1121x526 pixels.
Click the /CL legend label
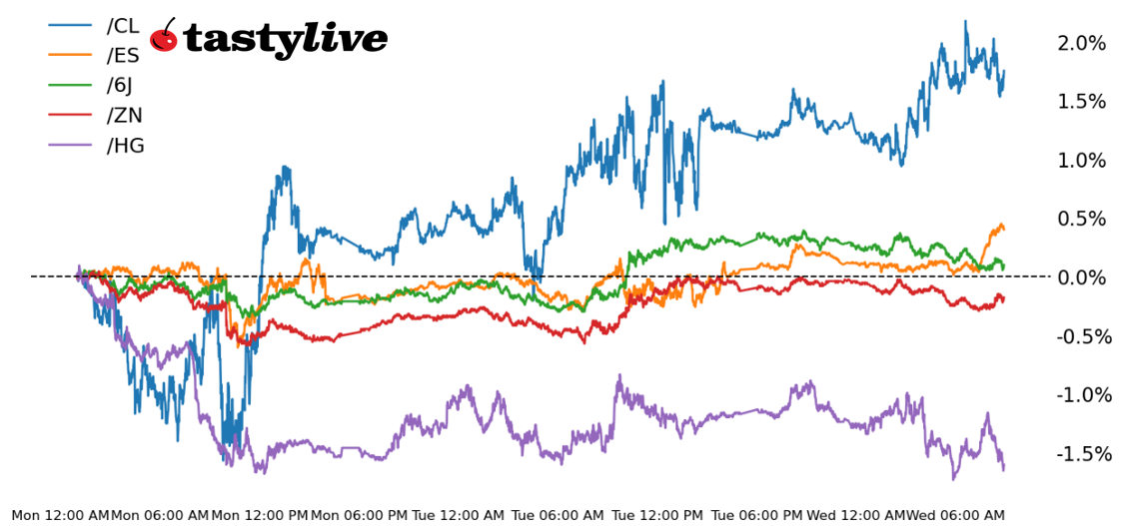pos(123,26)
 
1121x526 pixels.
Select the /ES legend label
pos(123,56)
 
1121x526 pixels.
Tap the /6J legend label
pos(120,86)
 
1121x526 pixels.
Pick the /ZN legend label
pos(124,116)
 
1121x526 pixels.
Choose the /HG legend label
pos(125,146)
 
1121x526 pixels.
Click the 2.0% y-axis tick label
pos(1081,43)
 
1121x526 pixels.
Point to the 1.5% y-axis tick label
pos(1081,102)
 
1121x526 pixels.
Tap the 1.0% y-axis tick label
pos(1081,161)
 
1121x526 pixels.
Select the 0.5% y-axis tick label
pos(1081,219)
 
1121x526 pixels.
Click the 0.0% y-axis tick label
pos(1081,277)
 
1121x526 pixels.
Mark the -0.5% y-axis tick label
pos(1079,336)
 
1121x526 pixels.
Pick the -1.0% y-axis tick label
pos(1079,395)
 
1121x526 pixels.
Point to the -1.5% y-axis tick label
pos(1079,454)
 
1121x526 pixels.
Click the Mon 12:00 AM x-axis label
pos(60,515)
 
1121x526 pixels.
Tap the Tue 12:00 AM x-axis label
pos(459,515)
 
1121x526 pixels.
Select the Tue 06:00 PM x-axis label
pos(757,515)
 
